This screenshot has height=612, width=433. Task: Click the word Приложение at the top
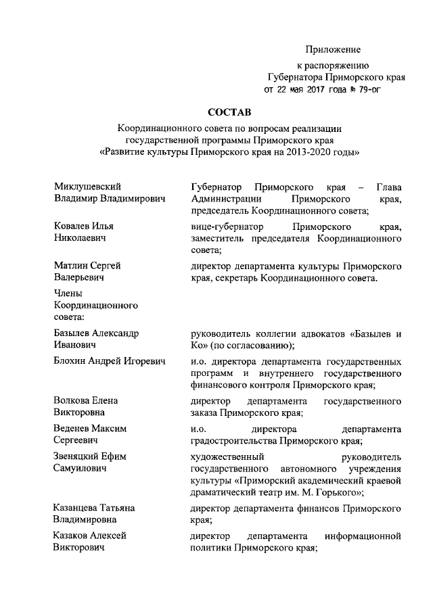click(x=333, y=49)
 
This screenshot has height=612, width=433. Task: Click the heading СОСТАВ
click(x=229, y=112)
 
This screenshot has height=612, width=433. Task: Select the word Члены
click(x=68, y=293)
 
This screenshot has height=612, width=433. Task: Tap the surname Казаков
click(x=72, y=536)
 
